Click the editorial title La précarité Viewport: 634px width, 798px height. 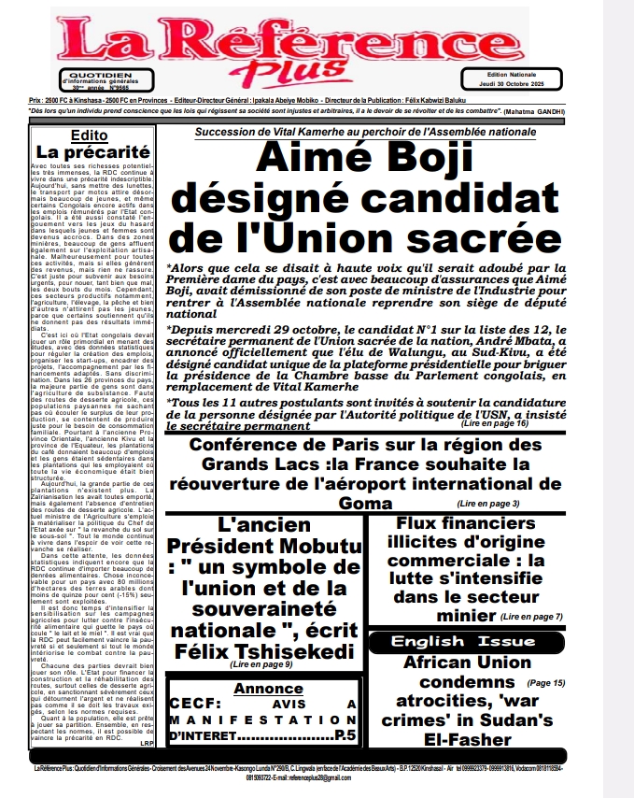tap(93, 152)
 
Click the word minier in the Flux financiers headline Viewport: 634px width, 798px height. tap(443, 616)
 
